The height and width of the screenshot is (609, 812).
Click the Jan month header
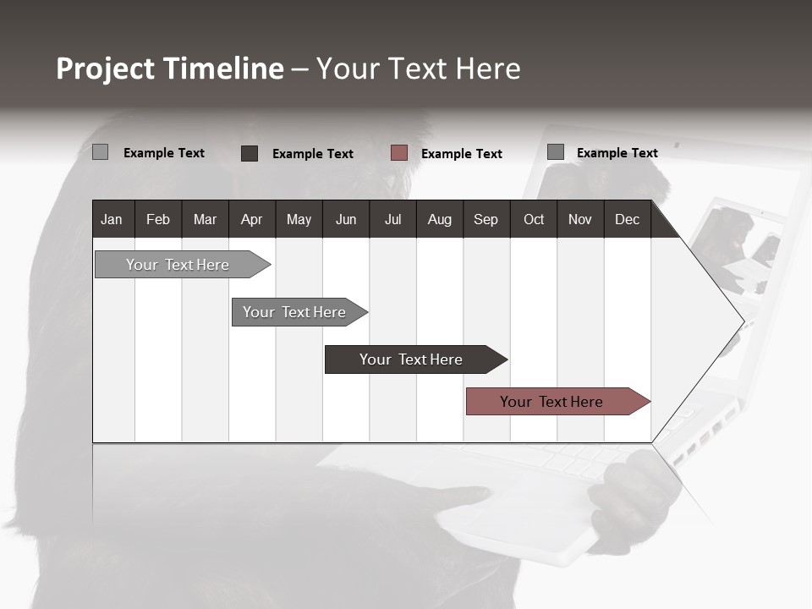pyautogui.click(x=112, y=219)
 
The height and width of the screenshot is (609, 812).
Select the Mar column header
pyautogui.click(x=205, y=219)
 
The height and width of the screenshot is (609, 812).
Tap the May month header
pyautogui.click(x=299, y=219)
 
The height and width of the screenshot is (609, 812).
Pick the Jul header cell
pyautogui.click(x=392, y=219)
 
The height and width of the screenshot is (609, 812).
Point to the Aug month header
pyautogui.click(x=439, y=219)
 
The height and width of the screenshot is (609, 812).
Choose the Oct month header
pyautogui.click(x=534, y=219)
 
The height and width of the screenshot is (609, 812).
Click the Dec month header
pyautogui.click(x=627, y=219)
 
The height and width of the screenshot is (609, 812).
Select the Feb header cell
pyautogui.click(x=158, y=219)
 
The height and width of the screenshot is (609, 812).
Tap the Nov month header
pyautogui.click(x=580, y=219)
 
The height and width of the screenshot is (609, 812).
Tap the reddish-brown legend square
pyautogui.click(x=399, y=153)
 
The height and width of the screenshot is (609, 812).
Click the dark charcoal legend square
pyautogui.click(x=250, y=153)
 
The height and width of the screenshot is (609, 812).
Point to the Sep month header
pyautogui.click(x=486, y=219)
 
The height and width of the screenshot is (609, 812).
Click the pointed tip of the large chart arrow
pyautogui.click(x=743, y=321)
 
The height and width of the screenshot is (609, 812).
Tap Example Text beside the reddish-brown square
pyautogui.click(x=462, y=153)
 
